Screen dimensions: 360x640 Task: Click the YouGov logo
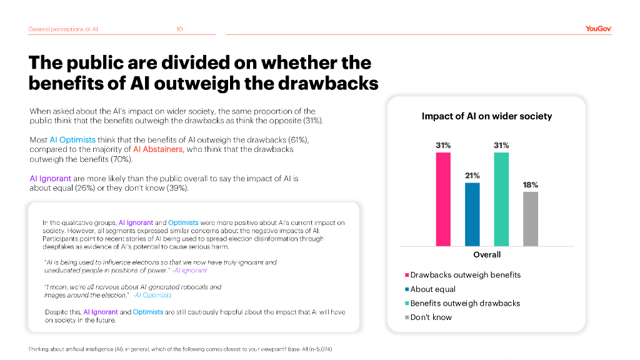point(598,29)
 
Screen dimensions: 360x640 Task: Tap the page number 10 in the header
point(179,29)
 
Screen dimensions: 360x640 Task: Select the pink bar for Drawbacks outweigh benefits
point(443,199)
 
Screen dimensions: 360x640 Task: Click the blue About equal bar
point(472,214)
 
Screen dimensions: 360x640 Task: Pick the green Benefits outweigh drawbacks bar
point(501,199)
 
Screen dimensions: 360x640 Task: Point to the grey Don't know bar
point(530,218)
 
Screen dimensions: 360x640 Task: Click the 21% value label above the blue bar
point(472,176)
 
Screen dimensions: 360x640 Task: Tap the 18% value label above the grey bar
point(530,185)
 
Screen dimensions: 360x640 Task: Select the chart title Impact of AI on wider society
point(487,116)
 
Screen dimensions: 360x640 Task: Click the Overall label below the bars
point(487,254)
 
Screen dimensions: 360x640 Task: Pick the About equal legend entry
point(432,289)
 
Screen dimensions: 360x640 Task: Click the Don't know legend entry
point(431,317)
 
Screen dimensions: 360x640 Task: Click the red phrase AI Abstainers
point(158,149)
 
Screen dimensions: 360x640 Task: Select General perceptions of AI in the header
point(63,29)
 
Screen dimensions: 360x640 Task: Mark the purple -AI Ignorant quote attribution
point(190,271)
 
